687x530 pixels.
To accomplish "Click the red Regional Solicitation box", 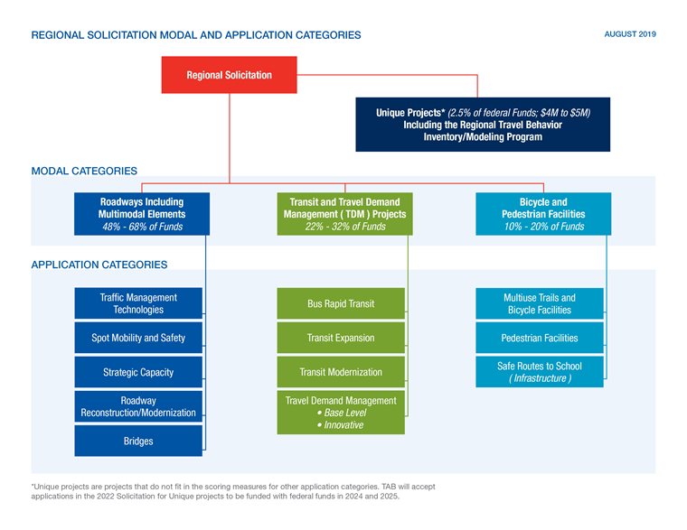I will [229, 75].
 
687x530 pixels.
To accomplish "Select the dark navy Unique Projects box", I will [483, 125].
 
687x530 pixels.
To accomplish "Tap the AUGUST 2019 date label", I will [629, 34].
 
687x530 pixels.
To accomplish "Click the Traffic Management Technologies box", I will [138, 303].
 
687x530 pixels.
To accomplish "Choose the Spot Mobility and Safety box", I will [138, 338].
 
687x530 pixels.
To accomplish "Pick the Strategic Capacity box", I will [138, 372].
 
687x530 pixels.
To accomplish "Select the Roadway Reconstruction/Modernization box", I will [138, 406].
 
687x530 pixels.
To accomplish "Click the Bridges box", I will [138, 441].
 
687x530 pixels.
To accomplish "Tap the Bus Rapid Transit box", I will [341, 303].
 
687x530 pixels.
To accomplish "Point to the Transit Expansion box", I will [341, 338].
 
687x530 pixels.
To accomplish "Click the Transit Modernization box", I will [341, 372].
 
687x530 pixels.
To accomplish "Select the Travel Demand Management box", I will [341, 412].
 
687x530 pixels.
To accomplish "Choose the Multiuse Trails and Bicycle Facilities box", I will [540, 303].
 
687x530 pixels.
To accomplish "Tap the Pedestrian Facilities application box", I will [540, 338].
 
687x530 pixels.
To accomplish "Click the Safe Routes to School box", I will [540, 372].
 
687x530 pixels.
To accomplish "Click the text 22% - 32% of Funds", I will [345, 227].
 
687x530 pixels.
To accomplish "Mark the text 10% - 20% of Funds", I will [543, 227].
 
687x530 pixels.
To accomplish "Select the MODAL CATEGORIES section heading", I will [84, 171].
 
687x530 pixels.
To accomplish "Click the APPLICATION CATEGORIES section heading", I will [99, 265].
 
